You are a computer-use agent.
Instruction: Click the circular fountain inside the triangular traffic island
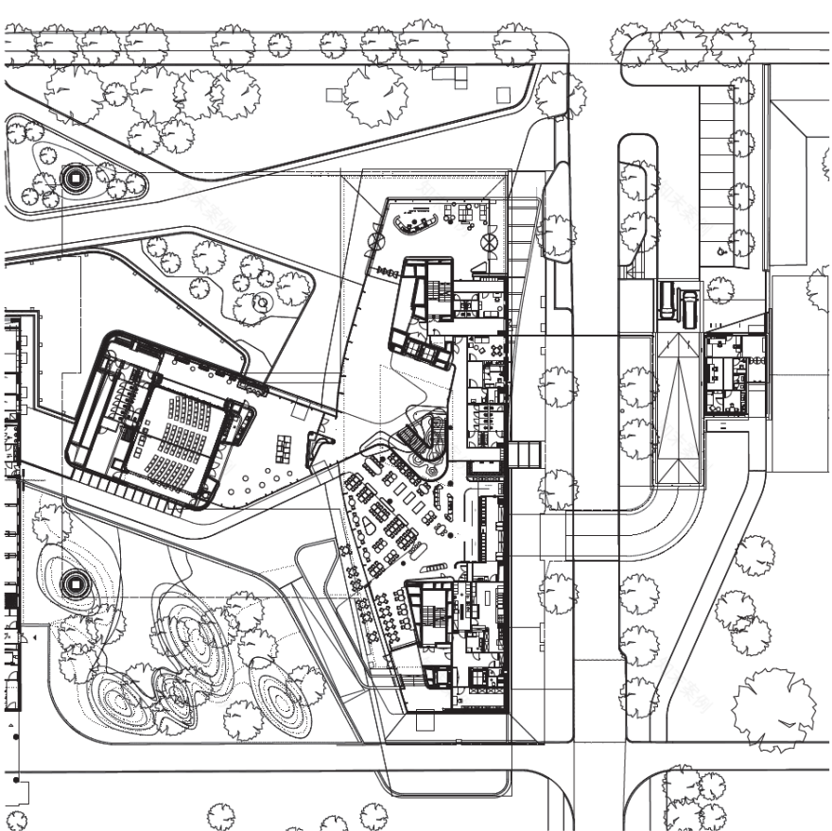tap(73, 177)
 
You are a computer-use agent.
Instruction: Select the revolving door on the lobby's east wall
tap(491, 244)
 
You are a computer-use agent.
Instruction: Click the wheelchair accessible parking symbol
tap(722, 251)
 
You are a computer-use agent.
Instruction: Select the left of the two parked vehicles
tap(667, 302)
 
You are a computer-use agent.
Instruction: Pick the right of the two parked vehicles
tap(689, 308)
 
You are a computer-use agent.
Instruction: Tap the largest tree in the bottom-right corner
tap(773, 708)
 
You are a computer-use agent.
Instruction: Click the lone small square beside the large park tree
tap(332, 94)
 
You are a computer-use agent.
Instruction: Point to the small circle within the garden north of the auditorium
tap(260, 302)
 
